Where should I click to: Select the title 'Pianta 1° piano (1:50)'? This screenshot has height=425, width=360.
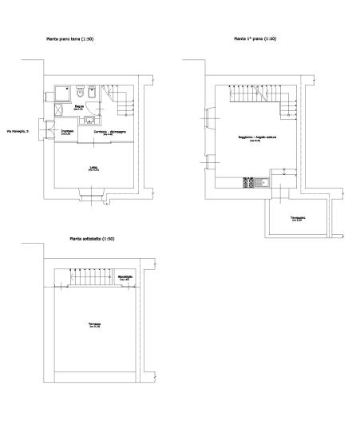click(x=255, y=38)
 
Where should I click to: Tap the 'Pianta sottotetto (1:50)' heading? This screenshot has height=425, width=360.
click(x=92, y=239)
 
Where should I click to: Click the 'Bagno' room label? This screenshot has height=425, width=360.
click(x=80, y=106)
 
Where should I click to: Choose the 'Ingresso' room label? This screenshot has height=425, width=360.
click(x=68, y=132)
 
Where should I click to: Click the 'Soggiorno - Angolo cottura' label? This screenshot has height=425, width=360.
click(x=251, y=137)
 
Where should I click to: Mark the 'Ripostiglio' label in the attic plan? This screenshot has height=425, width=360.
click(x=125, y=277)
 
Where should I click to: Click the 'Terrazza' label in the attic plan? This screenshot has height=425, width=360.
click(x=94, y=324)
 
